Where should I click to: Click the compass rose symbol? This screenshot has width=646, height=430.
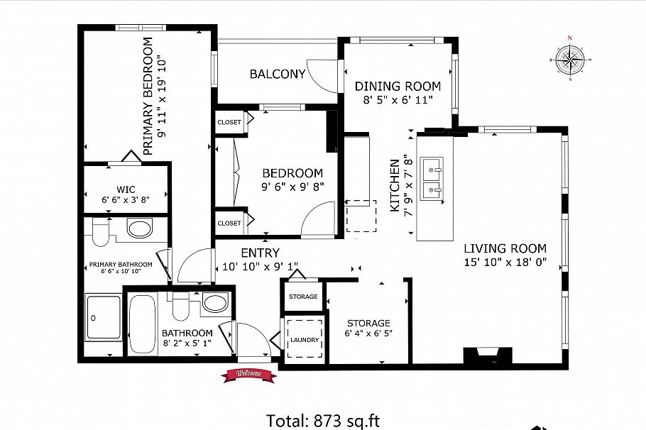tap(570, 60)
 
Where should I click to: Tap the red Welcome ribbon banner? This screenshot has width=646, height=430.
tap(248, 375)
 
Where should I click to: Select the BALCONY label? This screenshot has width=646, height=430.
tap(278, 74)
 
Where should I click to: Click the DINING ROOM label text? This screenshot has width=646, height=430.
tap(398, 87)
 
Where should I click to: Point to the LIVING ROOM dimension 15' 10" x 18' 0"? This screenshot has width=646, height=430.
tap(505, 262)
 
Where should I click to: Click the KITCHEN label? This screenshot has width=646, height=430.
tap(395, 185)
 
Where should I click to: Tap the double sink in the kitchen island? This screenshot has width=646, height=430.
tap(432, 178)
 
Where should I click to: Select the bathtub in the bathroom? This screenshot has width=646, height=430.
tap(142, 324)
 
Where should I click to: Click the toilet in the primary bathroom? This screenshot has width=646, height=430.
tap(100, 232)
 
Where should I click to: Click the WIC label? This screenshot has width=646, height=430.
tap(126, 189)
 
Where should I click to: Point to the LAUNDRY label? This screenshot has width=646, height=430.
tap(305, 340)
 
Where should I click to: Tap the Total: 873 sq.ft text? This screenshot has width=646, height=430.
tap(323, 421)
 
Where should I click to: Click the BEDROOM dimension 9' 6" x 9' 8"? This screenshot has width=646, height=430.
tap(292, 187)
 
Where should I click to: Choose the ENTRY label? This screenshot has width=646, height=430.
tap(260, 253)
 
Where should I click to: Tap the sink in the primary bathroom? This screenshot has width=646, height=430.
tap(140, 228)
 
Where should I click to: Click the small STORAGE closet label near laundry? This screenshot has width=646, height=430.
tap(303, 297)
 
